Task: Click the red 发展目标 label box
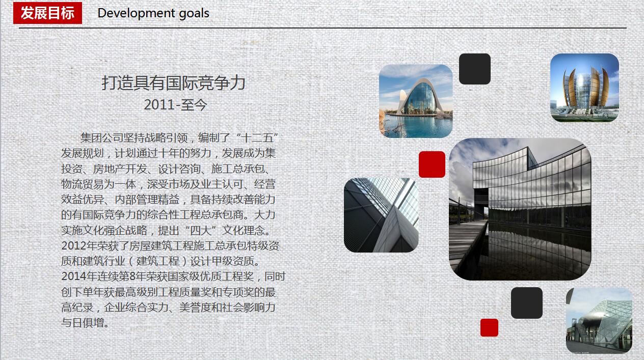pos(47,13)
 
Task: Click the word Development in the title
pos(130,13)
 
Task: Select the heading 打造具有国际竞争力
pos(174,82)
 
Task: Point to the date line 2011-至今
pos(175,105)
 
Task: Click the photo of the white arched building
pos(416,101)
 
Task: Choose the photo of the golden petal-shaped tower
pos(584,88)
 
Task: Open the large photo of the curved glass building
pos(520,209)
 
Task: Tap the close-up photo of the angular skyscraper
pos(381,215)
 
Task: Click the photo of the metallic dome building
pos(599,320)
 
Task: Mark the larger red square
pos(432,164)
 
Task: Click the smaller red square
pos(489,327)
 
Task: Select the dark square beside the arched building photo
pos(475,69)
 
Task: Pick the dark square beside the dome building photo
pos(527,303)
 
